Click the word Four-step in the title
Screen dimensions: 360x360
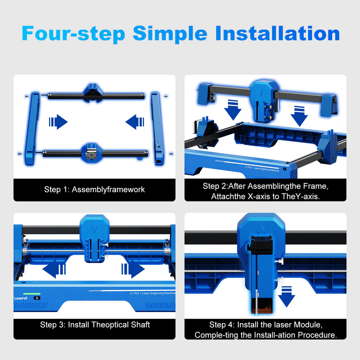(73, 34)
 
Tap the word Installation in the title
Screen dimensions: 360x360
(277, 33)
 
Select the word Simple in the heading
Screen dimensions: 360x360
(170, 34)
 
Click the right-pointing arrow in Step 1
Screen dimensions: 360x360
(58, 122)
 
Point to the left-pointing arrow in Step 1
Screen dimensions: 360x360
(135, 122)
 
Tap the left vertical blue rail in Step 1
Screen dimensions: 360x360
(32, 129)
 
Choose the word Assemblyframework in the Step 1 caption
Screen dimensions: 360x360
(108, 190)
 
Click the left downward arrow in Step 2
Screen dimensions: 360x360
(233, 110)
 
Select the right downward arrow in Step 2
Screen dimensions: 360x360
(299, 116)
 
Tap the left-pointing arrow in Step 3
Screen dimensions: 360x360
(54, 269)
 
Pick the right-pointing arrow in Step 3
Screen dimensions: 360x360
(133, 269)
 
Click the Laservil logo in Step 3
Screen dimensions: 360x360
(21, 298)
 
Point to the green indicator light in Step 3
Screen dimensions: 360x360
(32, 294)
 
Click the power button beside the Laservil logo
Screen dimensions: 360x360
(37, 298)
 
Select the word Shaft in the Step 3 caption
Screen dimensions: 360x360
(140, 325)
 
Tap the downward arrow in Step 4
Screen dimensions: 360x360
(287, 297)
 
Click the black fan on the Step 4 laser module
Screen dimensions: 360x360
(261, 244)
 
